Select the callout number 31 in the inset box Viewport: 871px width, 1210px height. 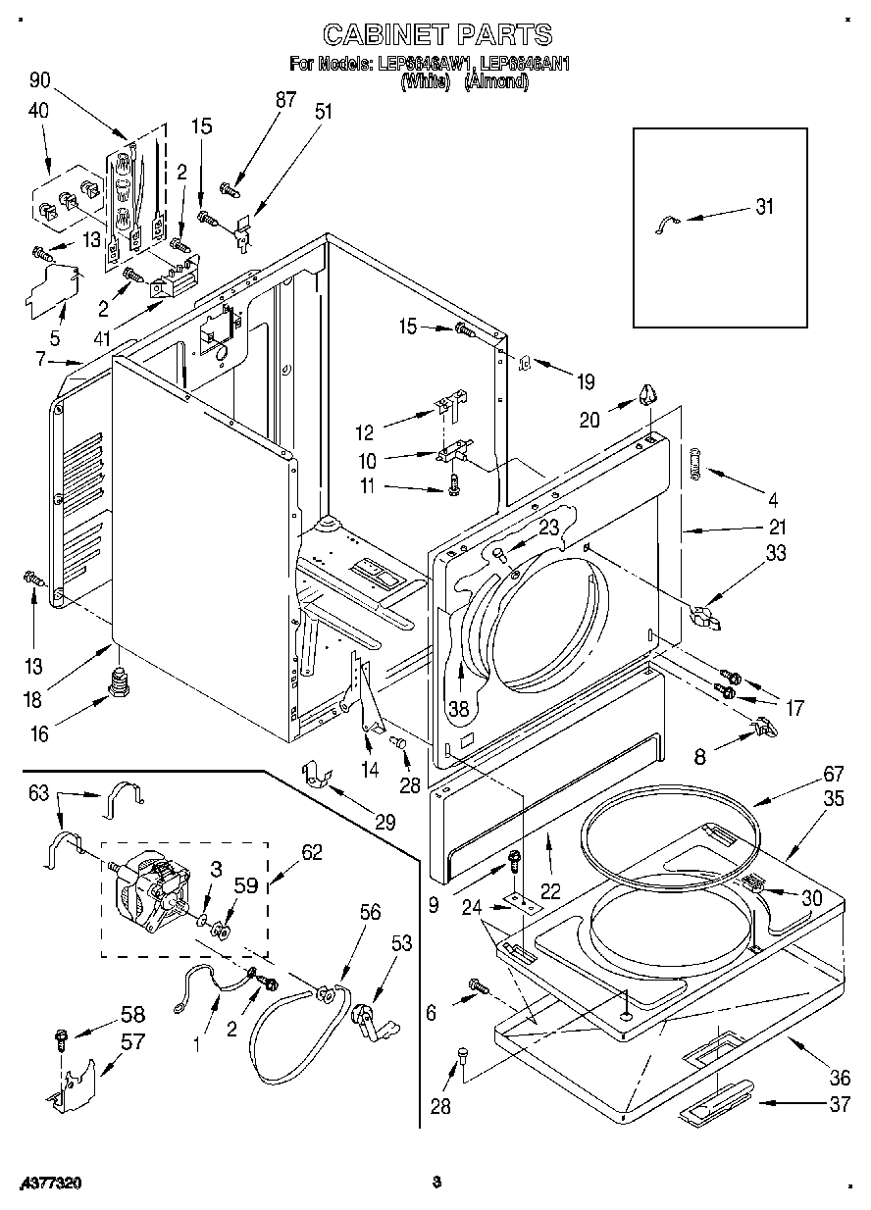point(765,207)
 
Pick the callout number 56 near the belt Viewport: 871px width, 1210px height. point(370,911)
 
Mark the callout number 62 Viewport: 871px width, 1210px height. point(312,853)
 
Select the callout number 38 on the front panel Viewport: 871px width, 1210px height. point(458,706)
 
